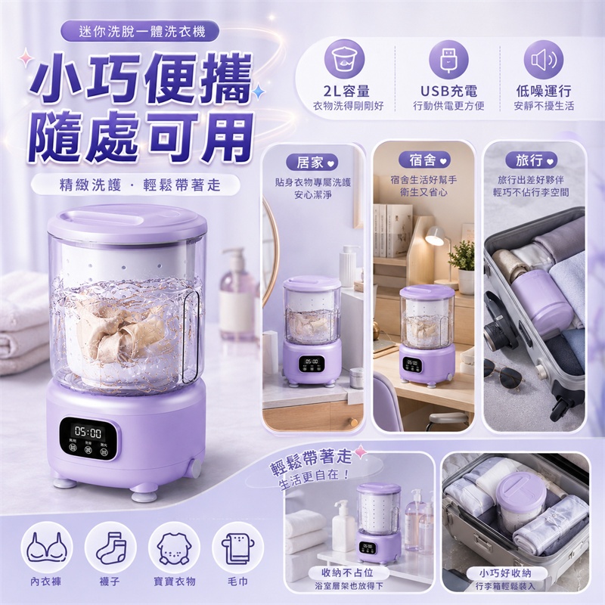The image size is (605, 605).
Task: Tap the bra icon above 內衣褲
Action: click(47, 547)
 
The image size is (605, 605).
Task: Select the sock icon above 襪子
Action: click(110, 547)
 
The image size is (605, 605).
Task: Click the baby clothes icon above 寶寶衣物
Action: click(174, 547)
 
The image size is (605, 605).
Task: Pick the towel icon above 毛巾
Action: click(237, 547)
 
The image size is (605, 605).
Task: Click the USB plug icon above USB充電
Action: click(448, 60)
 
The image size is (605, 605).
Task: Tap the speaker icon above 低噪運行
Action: click(543, 60)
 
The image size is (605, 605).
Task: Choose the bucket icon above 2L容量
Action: click(344, 60)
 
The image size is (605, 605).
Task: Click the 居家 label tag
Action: click(312, 163)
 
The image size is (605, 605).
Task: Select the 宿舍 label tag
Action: click(424, 160)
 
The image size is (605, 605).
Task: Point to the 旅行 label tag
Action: click(532, 160)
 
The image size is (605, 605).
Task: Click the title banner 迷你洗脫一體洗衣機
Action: click(140, 31)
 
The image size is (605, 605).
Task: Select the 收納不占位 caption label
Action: click(347, 572)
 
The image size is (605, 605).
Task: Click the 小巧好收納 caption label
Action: click(505, 572)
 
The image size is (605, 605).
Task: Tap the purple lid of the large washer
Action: click(126, 224)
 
